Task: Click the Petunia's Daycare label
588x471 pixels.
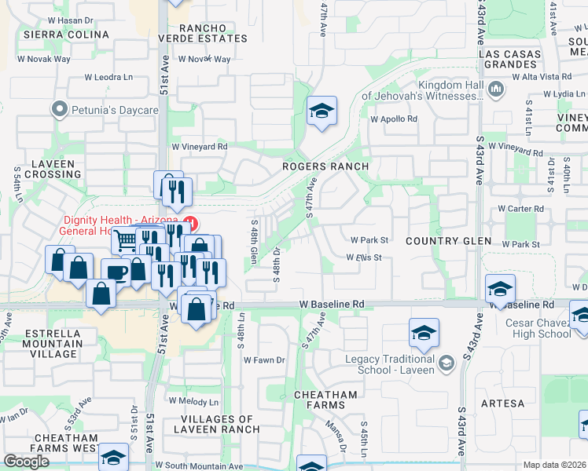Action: click(x=114, y=110)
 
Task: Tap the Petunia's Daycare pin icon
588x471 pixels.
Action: click(x=58, y=109)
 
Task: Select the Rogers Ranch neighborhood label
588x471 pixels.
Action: click(x=326, y=166)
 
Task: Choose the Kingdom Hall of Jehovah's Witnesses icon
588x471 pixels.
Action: click(x=495, y=89)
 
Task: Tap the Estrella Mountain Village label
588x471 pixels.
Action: click(x=53, y=338)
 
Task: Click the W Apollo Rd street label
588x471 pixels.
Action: click(x=394, y=119)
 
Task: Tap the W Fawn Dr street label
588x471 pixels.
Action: click(x=264, y=360)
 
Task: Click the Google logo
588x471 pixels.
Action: click(x=26, y=462)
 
